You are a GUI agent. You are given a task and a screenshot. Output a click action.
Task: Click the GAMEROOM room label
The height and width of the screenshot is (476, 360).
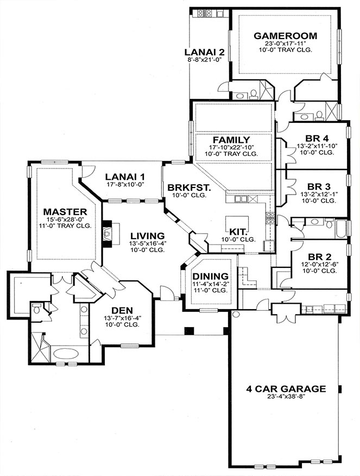pos(285,36)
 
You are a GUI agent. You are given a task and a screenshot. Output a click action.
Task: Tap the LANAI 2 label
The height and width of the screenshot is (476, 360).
pos(204,52)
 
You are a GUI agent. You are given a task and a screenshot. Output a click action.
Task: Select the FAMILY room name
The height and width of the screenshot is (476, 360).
pos(231,140)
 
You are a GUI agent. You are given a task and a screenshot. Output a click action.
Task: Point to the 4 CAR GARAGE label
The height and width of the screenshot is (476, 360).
pos(286,389)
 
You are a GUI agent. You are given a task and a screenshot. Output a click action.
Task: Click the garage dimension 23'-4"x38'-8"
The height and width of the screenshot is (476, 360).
pos(286,397)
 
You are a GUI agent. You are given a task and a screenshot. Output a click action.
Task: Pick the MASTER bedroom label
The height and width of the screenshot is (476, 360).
pos(65,211)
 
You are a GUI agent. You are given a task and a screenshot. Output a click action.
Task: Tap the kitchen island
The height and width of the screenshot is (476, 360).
pos(237,224)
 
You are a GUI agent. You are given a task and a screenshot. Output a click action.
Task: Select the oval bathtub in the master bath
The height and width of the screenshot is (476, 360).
pos(66,354)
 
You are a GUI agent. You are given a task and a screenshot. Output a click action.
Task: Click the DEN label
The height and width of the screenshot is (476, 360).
pos(122,311)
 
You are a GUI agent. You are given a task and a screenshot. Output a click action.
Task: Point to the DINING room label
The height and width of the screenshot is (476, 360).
pos(211,276)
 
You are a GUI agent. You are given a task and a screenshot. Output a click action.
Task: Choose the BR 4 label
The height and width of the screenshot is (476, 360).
pos(317,139)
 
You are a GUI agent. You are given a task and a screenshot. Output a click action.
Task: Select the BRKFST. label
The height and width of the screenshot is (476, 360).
pos(190,187)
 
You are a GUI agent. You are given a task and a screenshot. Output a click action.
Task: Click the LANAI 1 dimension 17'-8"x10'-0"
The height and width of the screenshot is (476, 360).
pos(125,184)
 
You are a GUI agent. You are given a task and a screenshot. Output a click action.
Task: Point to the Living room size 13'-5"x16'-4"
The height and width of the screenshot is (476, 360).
pos(147,243)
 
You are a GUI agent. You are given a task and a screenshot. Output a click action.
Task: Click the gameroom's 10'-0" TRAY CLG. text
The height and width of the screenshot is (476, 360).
pos(286,50)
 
